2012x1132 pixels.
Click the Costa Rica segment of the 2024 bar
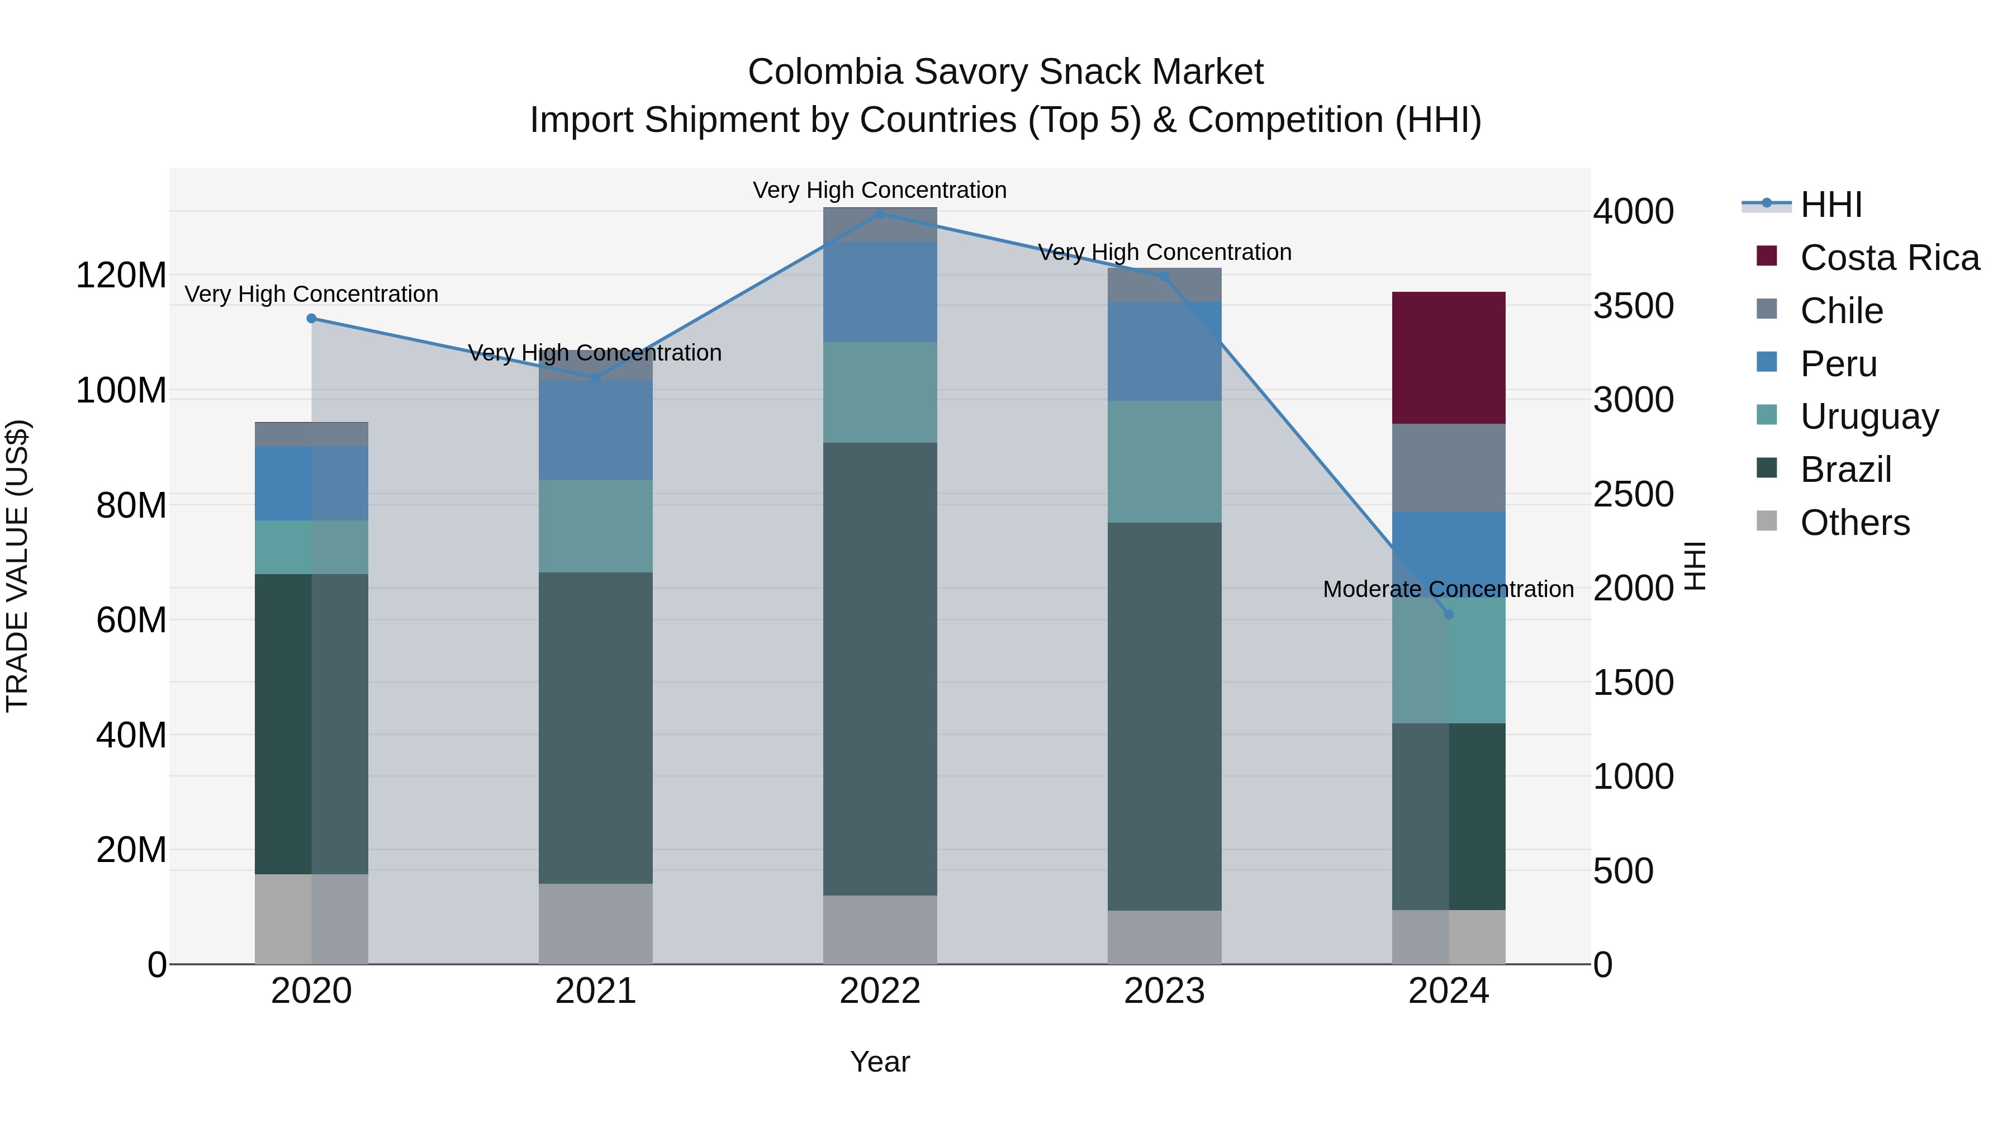click(1448, 358)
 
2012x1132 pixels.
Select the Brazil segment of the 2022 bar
click(880, 669)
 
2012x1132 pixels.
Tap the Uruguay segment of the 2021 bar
click(595, 526)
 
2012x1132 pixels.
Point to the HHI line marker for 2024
click(1448, 615)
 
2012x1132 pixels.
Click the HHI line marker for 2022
click(880, 214)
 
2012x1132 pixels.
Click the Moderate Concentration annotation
click(1448, 589)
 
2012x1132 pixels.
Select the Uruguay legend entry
click(1869, 416)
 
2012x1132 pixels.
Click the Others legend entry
click(1854, 523)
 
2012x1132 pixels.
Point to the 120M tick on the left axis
click(121, 276)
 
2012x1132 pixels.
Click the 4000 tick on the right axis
click(1633, 212)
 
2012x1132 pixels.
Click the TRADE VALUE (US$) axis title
click(17, 566)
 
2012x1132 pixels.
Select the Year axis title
click(880, 1062)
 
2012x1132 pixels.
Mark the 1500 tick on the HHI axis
click(1633, 683)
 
